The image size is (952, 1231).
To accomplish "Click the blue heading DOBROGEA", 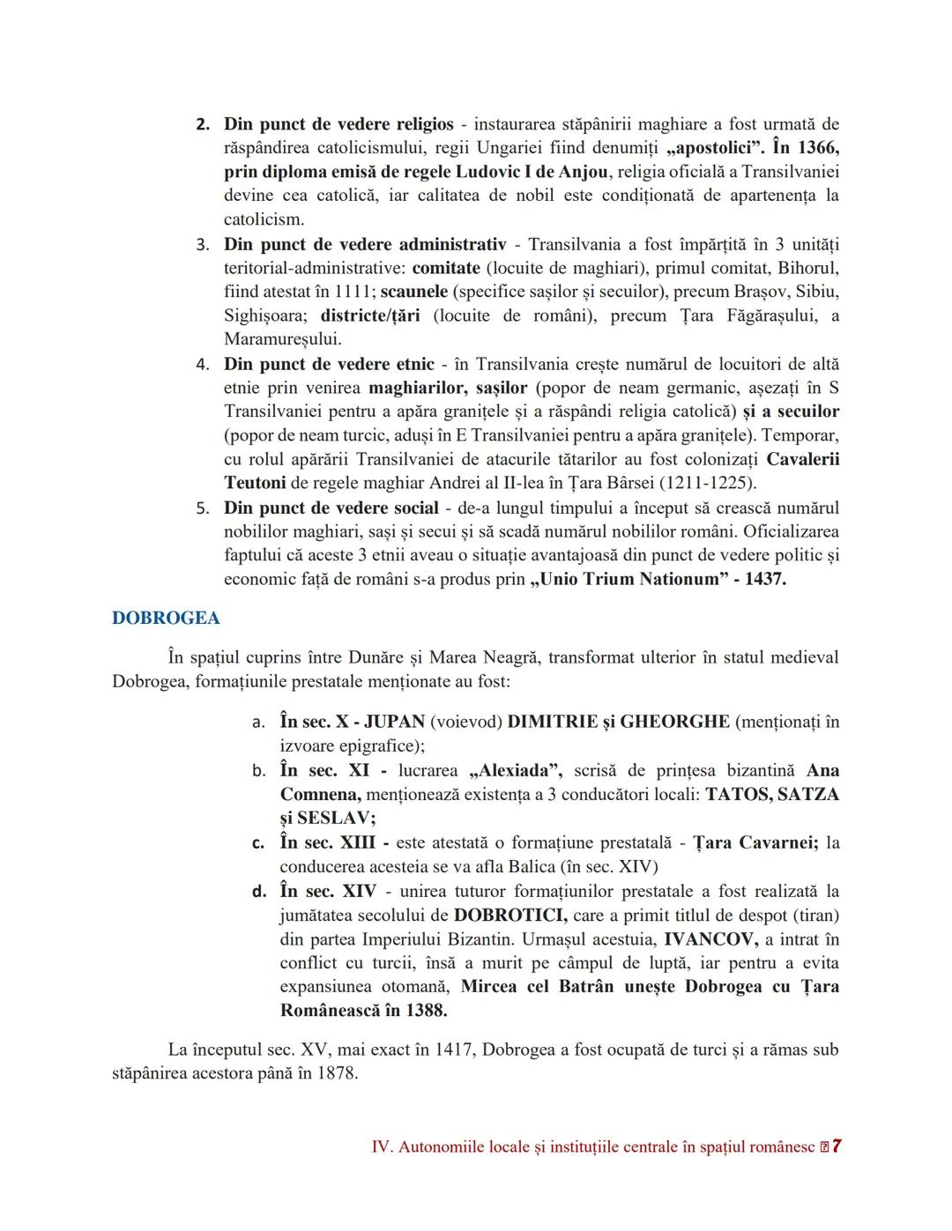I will pos(166,618).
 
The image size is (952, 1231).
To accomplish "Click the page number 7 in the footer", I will pos(837,1146).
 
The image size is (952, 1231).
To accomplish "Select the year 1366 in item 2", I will pos(818,147).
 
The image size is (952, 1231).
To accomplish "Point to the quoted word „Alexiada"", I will pos(517,770).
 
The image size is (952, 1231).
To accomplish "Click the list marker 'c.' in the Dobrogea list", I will pos(258,842).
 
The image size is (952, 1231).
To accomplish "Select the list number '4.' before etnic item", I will pos(203,364).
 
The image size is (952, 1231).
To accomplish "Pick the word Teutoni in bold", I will pos(255,483).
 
